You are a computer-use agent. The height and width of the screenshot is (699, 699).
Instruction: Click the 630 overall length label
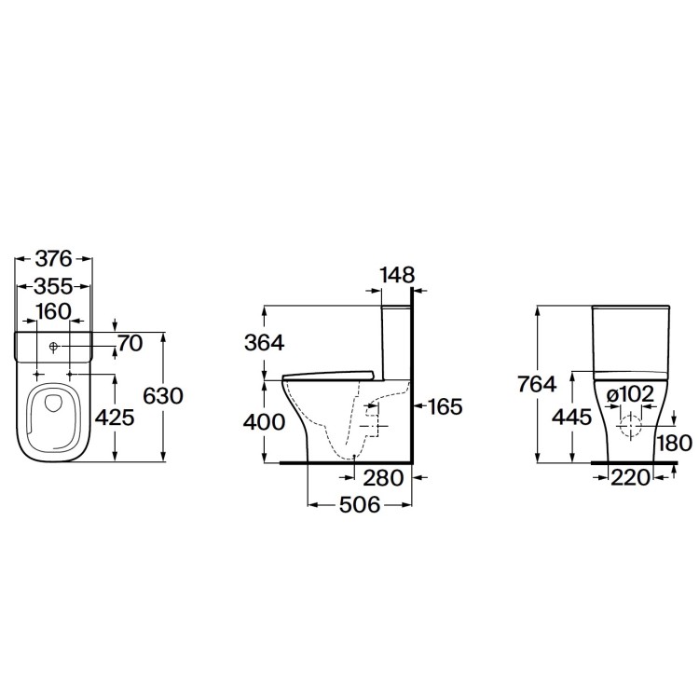coord(162,395)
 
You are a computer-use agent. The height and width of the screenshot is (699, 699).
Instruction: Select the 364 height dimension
coord(264,342)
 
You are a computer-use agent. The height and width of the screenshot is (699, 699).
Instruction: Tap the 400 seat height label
coord(264,422)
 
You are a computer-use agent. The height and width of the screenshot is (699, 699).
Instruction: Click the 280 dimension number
coord(383,479)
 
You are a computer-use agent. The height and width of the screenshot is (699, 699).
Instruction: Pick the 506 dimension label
coord(358,505)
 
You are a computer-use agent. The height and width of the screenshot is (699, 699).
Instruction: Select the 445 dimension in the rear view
coord(570,418)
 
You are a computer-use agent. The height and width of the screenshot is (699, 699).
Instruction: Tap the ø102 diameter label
coord(631,393)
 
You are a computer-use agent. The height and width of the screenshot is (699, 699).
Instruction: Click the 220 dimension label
coord(631,479)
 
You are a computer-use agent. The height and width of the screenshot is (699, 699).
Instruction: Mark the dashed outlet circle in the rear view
coord(631,428)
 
